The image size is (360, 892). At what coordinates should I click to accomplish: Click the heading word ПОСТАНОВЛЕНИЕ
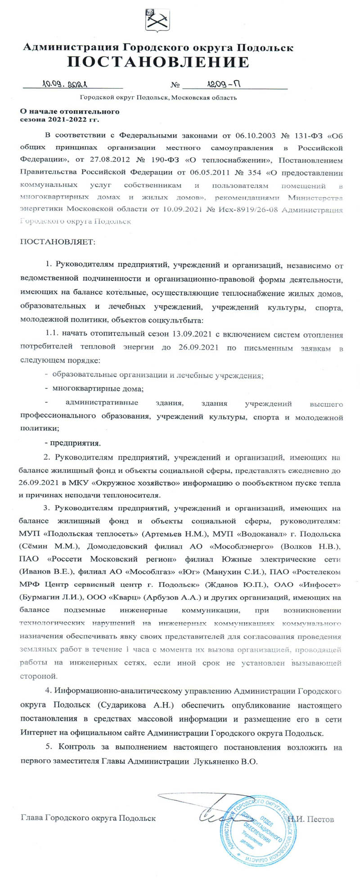point(158,62)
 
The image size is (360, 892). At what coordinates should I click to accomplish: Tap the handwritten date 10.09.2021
point(65,84)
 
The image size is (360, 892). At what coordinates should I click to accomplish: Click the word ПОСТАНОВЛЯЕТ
point(58,242)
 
